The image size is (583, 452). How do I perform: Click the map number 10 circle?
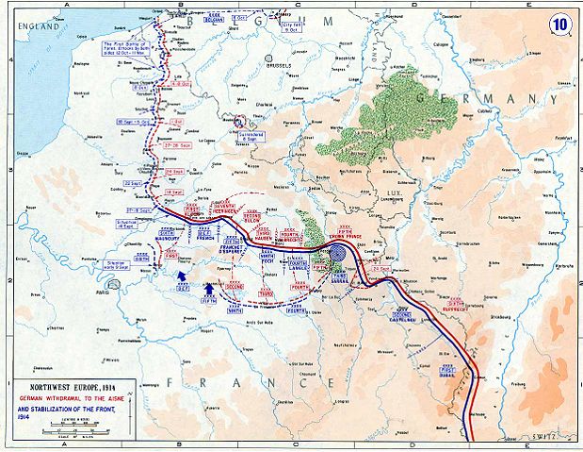(x=561, y=20)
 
